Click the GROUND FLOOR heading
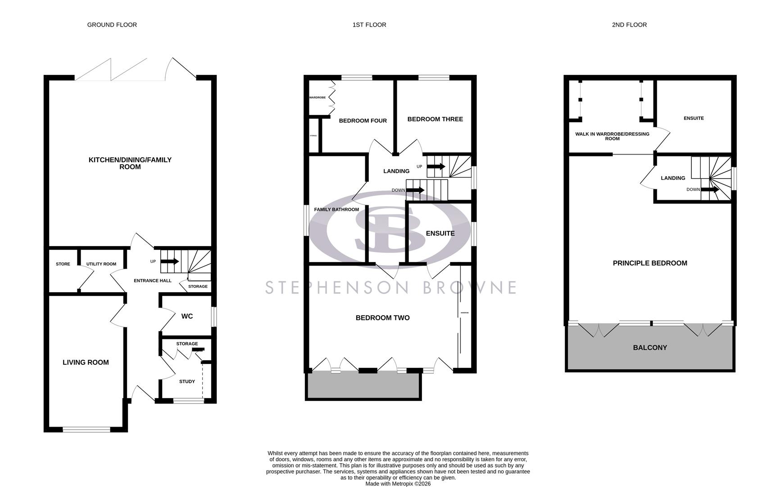tap(112, 25)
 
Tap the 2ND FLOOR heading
tap(629, 25)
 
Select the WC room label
tap(187, 317)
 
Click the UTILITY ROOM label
tap(101, 264)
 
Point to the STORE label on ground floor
tap(63, 264)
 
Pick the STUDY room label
tap(187, 381)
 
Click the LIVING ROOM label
tap(86, 362)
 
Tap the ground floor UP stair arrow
tap(170, 262)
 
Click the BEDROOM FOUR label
tap(363, 121)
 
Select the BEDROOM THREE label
tap(435, 119)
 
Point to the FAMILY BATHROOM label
tap(336, 210)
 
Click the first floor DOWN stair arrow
tap(415, 190)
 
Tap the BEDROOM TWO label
tap(383, 318)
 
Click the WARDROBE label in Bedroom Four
tap(317, 98)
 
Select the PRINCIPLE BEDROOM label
tap(650, 263)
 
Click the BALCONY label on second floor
tap(650, 348)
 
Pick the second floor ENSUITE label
tap(694, 119)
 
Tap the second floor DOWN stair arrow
tap(710, 190)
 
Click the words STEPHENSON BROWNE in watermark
tap(390, 287)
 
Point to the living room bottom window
tap(86, 430)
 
